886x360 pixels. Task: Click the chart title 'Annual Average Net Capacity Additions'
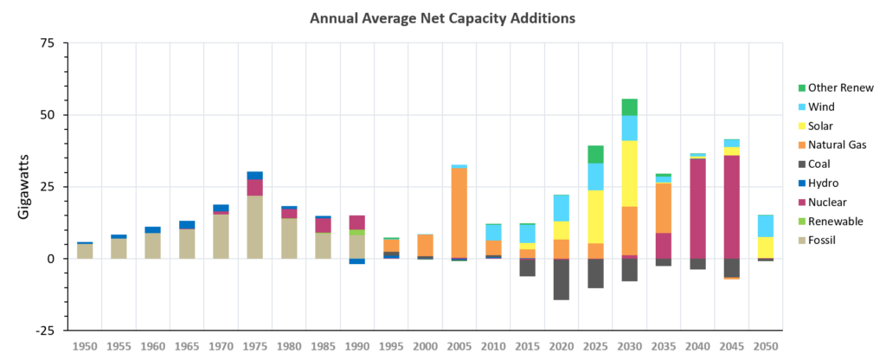tap(442, 18)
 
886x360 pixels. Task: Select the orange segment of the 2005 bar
tap(459, 213)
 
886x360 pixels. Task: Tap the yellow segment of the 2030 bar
tap(630, 173)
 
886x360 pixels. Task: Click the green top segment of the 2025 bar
tap(595, 154)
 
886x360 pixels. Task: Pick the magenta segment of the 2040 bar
tap(697, 209)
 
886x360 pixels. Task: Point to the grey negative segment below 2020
tap(562, 280)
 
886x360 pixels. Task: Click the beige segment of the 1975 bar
tap(254, 227)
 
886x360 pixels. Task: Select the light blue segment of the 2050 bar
tap(766, 226)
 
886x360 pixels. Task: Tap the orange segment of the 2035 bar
tap(664, 208)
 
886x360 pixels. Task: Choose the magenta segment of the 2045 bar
tap(732, 207)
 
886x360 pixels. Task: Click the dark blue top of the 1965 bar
tap(187, 224)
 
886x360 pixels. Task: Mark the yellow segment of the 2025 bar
tap(595, 216)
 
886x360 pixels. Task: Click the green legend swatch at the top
tap(802, 87)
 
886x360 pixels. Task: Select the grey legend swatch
tap(802, 164)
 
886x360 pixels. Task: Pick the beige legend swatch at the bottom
tap(802, 240)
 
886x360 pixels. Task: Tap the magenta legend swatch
tap(802, 202)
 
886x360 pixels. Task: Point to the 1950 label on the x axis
tap(85, 346)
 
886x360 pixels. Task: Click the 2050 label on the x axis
tap(766, 346)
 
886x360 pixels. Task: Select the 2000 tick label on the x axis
tap(425, 346)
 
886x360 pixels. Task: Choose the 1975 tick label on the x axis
tap(254, 346)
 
